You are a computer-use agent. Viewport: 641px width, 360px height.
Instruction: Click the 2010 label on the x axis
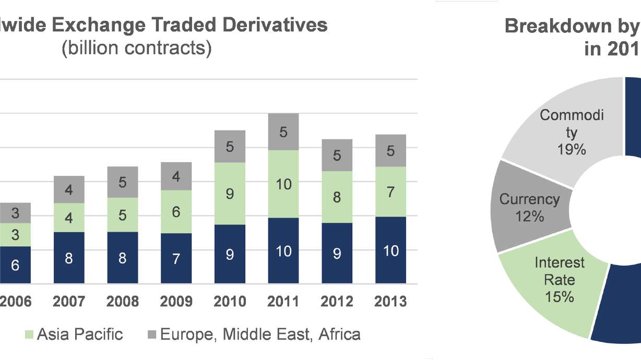pos(230,302)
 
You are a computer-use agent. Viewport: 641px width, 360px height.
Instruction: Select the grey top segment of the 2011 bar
pos(283,131)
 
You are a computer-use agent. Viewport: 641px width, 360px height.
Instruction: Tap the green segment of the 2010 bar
pos(230,194)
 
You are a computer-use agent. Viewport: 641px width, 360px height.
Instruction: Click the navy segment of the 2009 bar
pos(176,258)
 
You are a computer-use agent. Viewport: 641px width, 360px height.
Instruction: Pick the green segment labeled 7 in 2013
pos(390,191)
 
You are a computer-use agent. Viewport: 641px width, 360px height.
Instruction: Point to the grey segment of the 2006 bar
pos(15,213)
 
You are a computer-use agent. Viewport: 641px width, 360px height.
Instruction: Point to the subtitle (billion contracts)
pos(137,48)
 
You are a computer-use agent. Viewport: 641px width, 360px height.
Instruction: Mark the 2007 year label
pos(68,302)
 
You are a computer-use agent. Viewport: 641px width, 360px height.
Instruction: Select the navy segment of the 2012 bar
pos(337,254)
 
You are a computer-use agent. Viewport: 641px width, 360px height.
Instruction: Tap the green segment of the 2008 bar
pos(122,214)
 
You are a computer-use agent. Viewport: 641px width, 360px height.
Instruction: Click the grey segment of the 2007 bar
pos(69,189)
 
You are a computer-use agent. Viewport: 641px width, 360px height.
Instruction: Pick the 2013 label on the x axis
pos(390,302)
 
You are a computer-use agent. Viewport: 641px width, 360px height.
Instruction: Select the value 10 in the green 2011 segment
pos(283,184)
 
